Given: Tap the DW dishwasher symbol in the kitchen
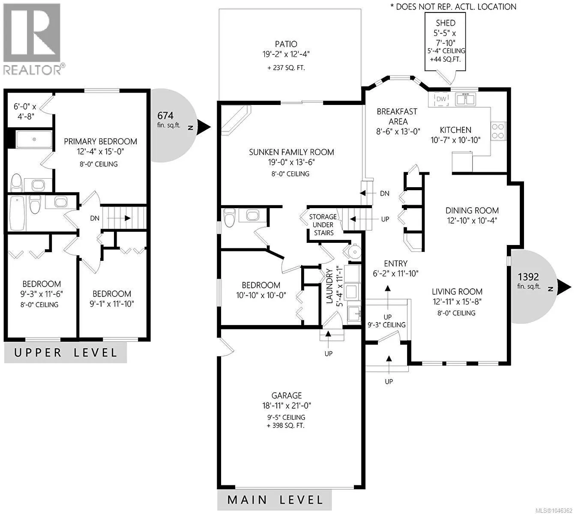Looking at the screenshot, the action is point(441,99).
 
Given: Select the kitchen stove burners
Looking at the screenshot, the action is point(498,131).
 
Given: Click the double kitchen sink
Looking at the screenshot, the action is point(465,99).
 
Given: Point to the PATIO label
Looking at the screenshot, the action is point(286,44).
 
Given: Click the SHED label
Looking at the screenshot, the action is point(446,23).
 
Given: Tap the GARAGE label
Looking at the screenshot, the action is point(286,395).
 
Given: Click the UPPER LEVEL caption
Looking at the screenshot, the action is point(66,353).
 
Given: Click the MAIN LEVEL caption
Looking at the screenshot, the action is point(275,500).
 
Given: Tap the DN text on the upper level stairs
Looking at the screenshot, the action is point(95,218).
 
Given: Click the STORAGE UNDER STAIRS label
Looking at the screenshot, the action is point(323,225).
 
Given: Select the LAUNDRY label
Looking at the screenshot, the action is point(329,287).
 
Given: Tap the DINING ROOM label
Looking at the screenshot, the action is point(472,210).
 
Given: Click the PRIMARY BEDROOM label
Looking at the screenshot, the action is point(100,141).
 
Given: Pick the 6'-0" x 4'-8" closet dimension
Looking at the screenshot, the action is point(25,111).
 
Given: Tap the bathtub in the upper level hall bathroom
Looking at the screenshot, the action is point(17,213).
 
